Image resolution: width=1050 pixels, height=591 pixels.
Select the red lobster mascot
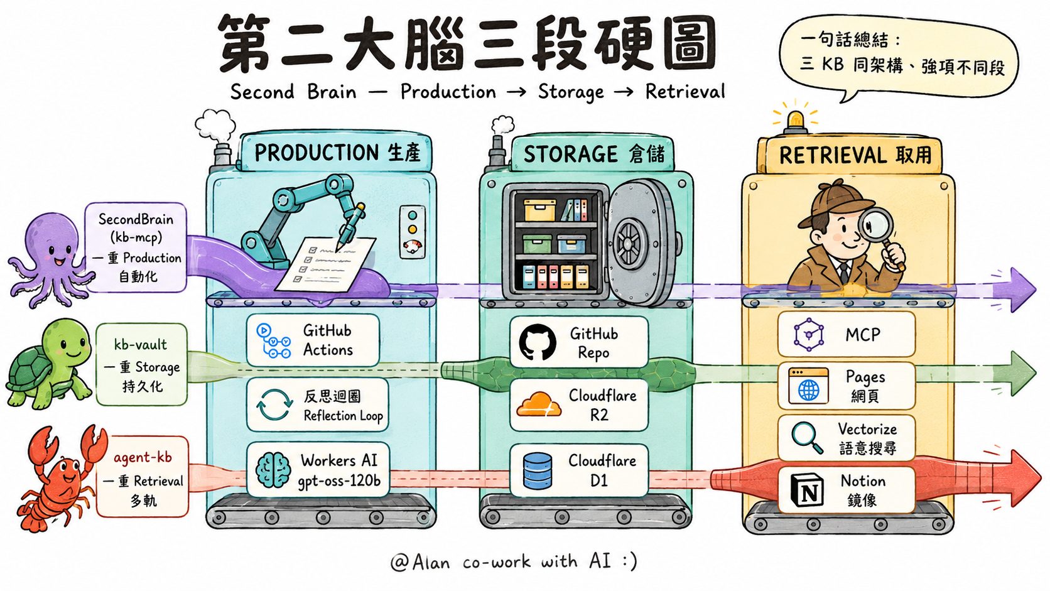point(58,478)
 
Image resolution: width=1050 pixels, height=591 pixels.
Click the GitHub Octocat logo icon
point(537,342)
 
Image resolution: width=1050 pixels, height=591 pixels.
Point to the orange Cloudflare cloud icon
point(539,404)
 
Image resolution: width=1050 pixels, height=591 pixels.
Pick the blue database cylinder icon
point(537,470)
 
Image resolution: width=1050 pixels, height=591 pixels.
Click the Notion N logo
point(807,491)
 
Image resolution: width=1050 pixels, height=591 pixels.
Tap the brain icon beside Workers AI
point(273,470)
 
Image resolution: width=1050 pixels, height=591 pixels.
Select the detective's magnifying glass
point(879,237)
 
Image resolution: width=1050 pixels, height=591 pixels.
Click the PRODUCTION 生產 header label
point(337,153)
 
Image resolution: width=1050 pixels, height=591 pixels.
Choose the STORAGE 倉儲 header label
point(593,155)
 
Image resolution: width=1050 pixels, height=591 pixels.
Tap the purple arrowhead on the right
point(1022,290)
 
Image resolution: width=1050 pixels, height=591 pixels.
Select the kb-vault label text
point(141,345)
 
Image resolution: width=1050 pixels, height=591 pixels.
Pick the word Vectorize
point(867,430)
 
